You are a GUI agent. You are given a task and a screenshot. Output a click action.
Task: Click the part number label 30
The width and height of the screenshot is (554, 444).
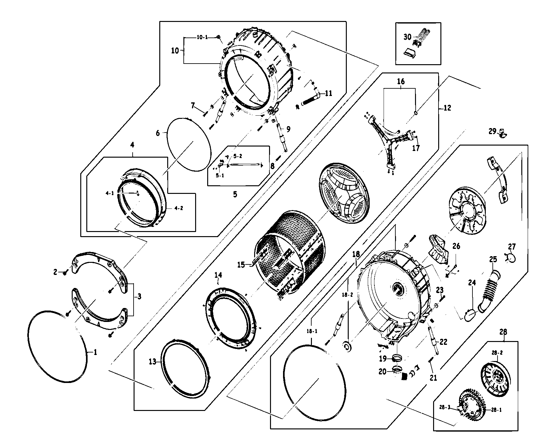(x=407, y=37)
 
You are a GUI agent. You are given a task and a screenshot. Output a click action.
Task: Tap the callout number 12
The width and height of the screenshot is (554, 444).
(x=447, y=108)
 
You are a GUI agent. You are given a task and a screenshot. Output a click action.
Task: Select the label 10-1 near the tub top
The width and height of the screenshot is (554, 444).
(x=202, y=38)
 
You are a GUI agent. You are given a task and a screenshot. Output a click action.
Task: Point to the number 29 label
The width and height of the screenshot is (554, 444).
(x=492, y=131)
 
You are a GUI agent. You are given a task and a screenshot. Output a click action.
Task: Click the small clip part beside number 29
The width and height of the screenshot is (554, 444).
(x=502, y=133)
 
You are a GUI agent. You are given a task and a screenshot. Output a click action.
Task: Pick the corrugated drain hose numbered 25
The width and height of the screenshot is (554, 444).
(x=489, y=288)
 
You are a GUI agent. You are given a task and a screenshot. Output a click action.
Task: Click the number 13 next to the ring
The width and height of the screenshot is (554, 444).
(x=153, y=362)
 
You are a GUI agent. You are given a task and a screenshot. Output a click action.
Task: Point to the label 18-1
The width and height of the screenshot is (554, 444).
(x=312, y=331)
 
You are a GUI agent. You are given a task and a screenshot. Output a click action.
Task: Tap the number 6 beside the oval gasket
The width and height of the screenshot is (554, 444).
(x=158, y=133)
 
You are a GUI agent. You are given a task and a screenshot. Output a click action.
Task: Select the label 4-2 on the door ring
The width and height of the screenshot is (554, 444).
(x=179, y=208)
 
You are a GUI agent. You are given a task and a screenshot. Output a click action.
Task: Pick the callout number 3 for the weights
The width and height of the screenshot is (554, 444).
(x=139, y=297)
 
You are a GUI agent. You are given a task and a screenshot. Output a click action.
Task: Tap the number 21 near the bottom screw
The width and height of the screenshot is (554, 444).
(x=433, y=378)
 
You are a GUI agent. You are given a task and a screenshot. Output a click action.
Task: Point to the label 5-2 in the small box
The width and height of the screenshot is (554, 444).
(x=238, y=156)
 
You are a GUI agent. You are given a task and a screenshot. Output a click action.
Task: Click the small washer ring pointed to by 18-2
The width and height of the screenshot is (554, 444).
(x=347, y=346)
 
